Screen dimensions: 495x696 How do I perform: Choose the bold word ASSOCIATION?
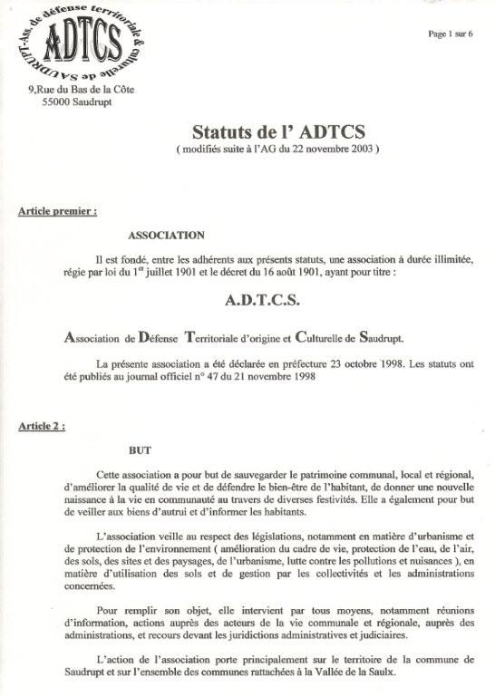coord(166,236)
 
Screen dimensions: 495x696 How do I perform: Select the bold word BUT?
coord(140,449)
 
